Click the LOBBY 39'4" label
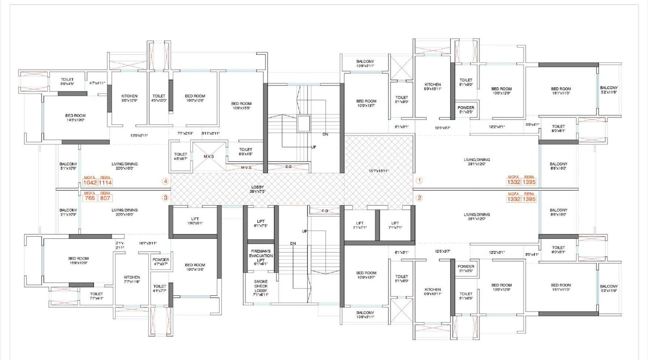[258, 189]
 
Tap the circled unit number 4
[165, 181]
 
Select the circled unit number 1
[420, 181]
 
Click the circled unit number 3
[165, 198]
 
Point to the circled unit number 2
[420, 198]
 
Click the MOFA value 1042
[90, 183]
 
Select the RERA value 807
[105, 198]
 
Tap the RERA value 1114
[105, 183]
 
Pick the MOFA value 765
[90, 198]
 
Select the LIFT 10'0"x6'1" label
[195, 221]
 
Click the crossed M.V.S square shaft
[209, 156]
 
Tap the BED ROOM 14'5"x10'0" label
[75, 117]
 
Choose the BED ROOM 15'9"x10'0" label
[78, 260]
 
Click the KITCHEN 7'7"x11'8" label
[132, 279]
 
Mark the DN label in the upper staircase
[325, 134]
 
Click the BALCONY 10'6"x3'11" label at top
[365, 64]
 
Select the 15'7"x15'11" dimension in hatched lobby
[378, 171]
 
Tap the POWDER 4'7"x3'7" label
[161, 262]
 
